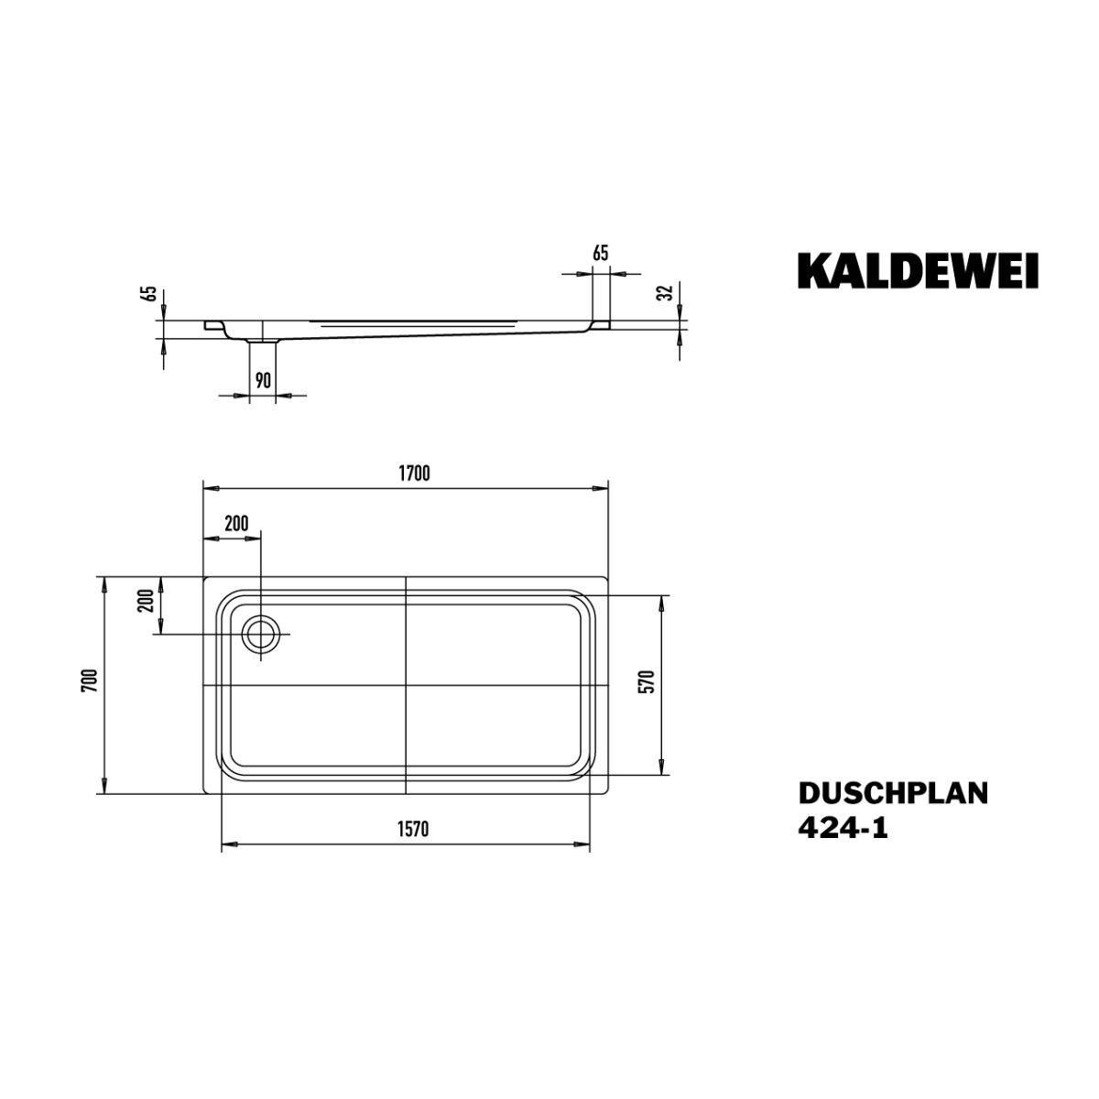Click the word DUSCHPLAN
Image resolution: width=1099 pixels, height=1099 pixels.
[893, 793]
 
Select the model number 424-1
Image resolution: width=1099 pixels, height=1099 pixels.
[843, 828]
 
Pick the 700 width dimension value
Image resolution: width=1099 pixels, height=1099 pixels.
[90, 680]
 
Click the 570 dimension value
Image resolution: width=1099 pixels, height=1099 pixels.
[649, 681]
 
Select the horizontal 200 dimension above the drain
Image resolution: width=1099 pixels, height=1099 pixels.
[236, 523]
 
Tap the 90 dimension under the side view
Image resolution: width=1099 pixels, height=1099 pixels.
[263, 380]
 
